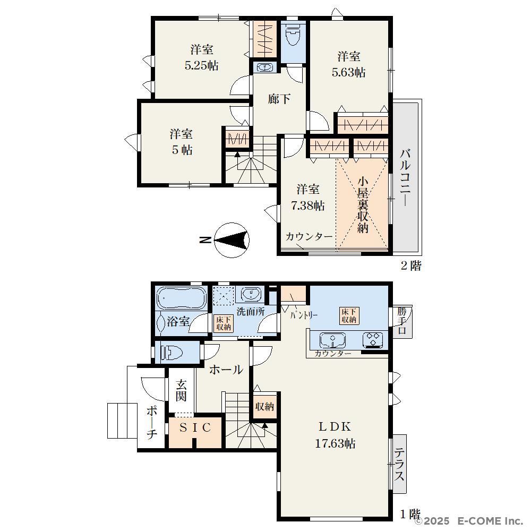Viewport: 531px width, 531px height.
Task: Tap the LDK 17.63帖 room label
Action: click(x=335, y=435)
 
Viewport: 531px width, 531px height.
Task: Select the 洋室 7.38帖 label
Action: click(x=308, y=198)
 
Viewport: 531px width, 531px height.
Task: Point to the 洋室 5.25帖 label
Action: click(x=201, y=57)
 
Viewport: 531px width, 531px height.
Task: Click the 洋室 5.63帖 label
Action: click(x=348, y=64)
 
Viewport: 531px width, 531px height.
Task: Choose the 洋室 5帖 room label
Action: click(x=182, y=142)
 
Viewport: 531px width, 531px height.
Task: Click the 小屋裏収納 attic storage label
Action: click(x=363, y=205)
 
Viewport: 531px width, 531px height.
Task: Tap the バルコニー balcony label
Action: click(x=405, y=177)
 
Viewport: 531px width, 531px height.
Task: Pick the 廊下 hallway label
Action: click(x=279, y=99)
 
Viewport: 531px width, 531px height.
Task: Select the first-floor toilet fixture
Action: click(x=172, y=353)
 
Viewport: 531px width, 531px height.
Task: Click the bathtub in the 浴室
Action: click(x=182, y=298)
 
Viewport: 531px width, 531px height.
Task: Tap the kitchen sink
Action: click(x=332, y=340)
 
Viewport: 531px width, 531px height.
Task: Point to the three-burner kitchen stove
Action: click(x=373, y=340)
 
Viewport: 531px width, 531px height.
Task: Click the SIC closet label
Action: click(x=195, y=427)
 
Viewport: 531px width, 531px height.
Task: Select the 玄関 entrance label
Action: click(x=181, y=390)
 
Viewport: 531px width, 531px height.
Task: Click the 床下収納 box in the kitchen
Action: click(x=349, y=315)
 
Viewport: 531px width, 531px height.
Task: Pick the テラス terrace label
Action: click(x=399, y=464)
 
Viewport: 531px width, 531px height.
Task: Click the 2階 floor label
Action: click(x=411, y=265)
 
